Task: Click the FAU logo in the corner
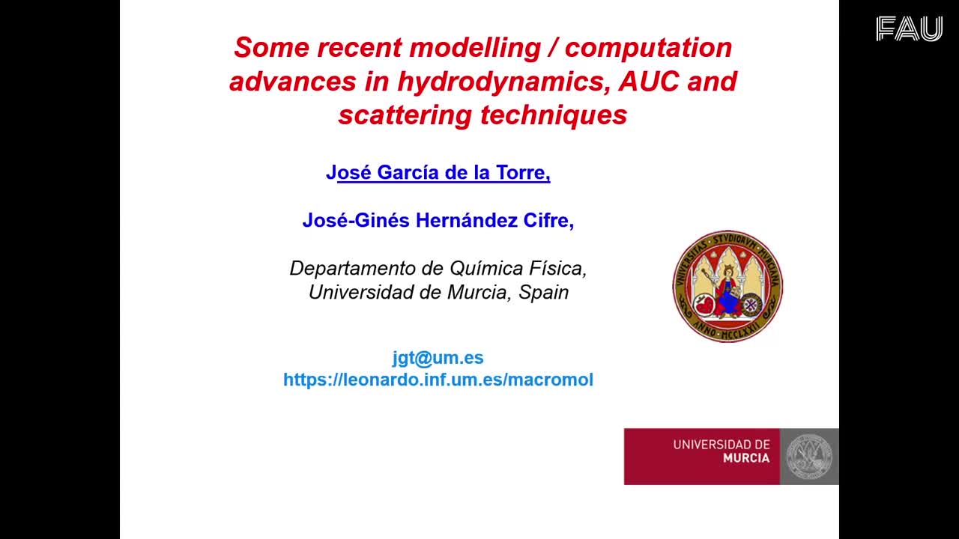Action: pyautogui.click(x=910, y=28)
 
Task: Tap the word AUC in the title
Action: pyautogui.click(x=649, y=81)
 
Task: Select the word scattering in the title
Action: pyautogui.click(x=405, y=115)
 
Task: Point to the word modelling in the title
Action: pyautogui.click(x=476, y=47)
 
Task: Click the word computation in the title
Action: pyautogui.click(x=649, y=48)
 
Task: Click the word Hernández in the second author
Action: pyautogui.click(x=466, y=220)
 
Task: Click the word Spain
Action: pyautogui.click(x=544, y=293)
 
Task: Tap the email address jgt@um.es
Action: pyautogui.click(x=438, y=358)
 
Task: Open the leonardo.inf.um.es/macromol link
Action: pyautogui.click(x=438, y=380)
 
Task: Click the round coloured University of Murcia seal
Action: pyautogui.click(x=727, y=286)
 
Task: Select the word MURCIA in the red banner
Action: pyautogui.click(x=746, y=458)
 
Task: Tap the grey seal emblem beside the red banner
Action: pyautogui.click(x=809, y=457)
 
